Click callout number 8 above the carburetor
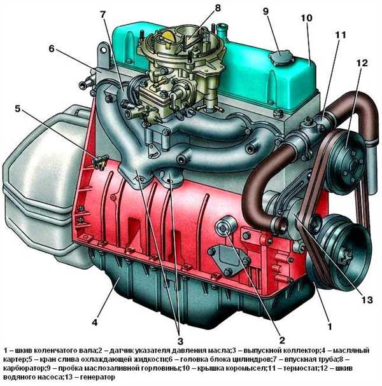(x=218, y=8)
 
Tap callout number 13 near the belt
(x=367, y=300)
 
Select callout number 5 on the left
(x=17, y=108)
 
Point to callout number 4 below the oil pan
(x=95, y=322)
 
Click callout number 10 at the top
(x=306, y=18)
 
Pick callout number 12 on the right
(x=362, y=63)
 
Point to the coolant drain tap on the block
(x=99, y=163)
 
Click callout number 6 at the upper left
(x=52, y=48)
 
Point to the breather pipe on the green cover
(x=222, y=30)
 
